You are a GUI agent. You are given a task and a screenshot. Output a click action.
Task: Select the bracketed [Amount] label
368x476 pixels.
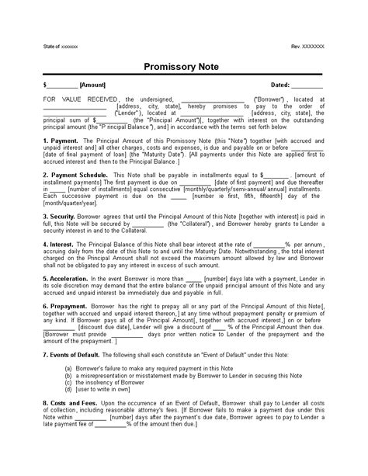[x=92, y=84]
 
